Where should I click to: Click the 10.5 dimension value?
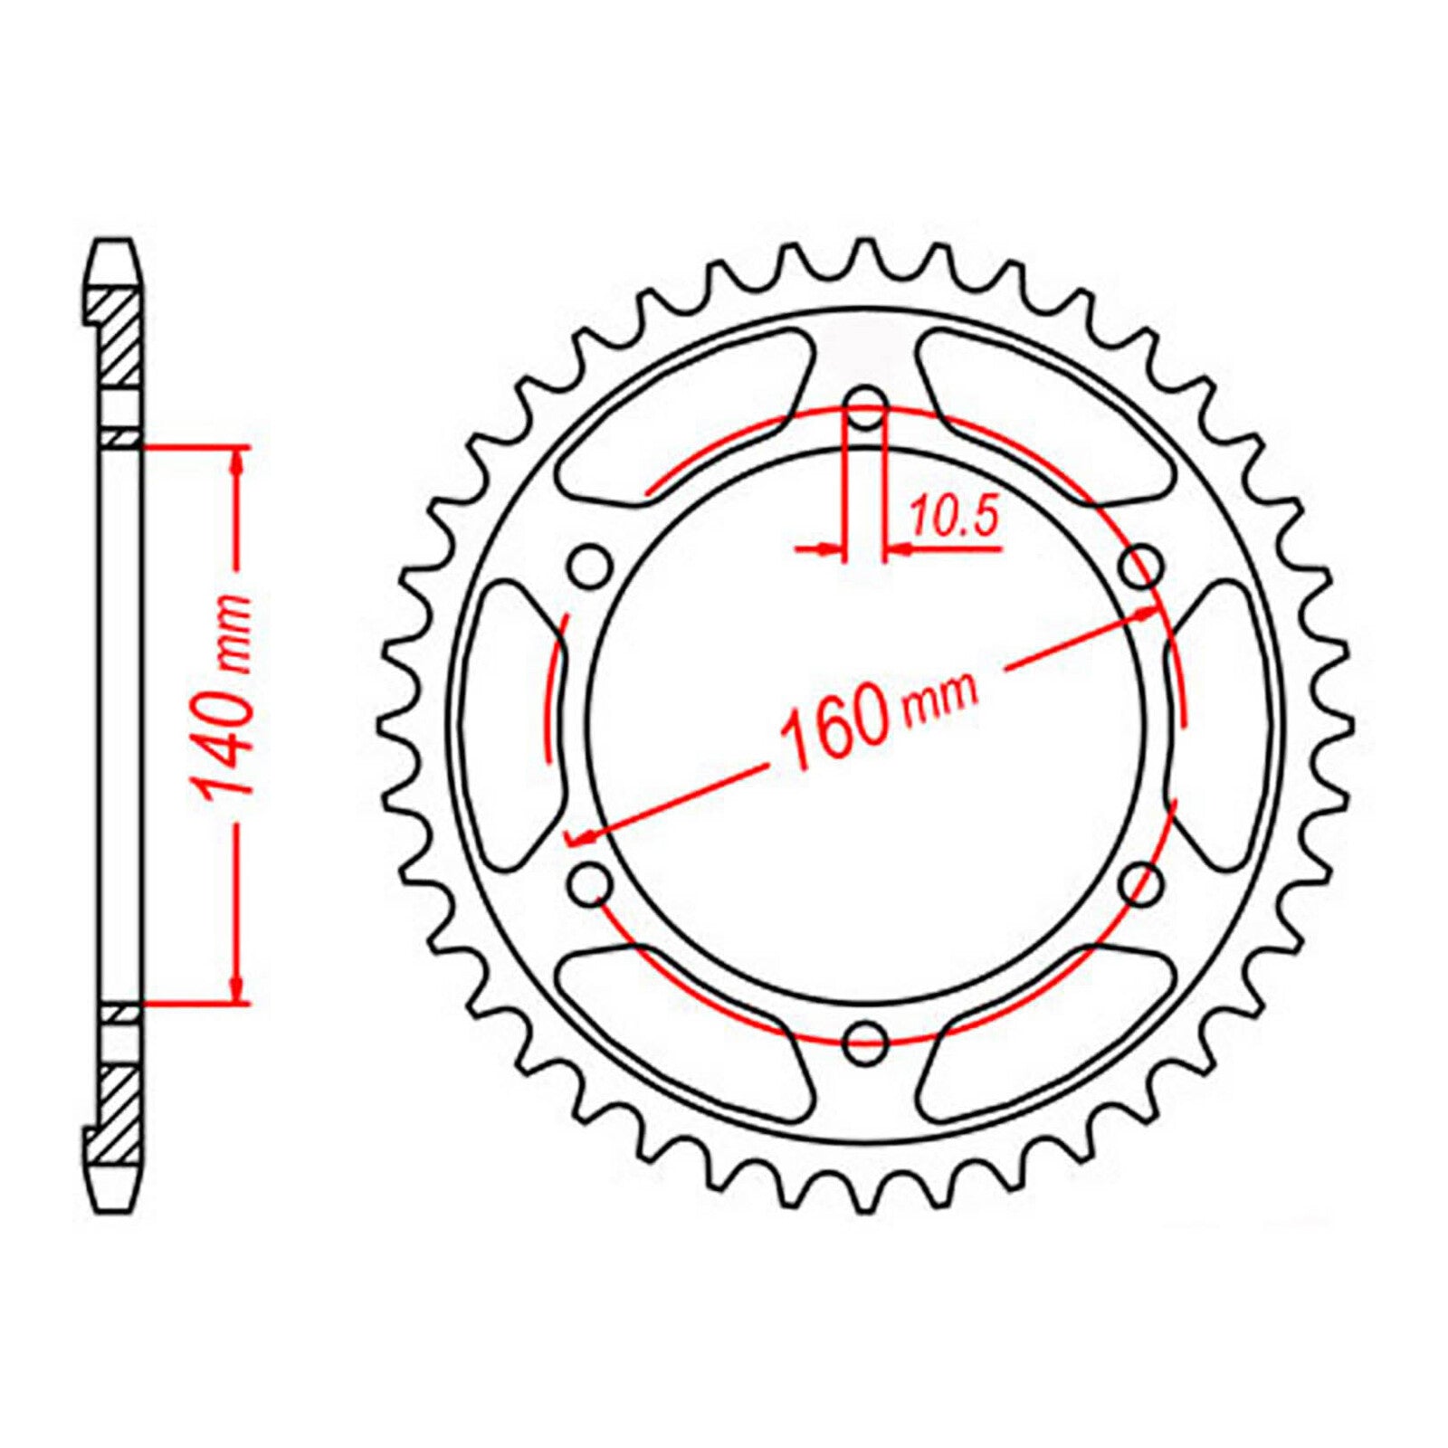click(x=953, y=519)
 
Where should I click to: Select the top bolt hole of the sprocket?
click(x=866, y=405)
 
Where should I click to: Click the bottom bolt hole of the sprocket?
click(x=864, y=1043)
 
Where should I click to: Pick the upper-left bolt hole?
click(x=589, y=567)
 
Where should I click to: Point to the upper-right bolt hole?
click(x=1142, y=567)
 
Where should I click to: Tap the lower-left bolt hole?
click(x=590, y=883)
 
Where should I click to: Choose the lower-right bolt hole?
click(x=1142, y=883)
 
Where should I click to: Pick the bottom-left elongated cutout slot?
click(x=679, y=1032)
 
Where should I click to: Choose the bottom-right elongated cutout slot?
click(x=1050, y=1032)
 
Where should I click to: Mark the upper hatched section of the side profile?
click(x=118, y=335)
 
